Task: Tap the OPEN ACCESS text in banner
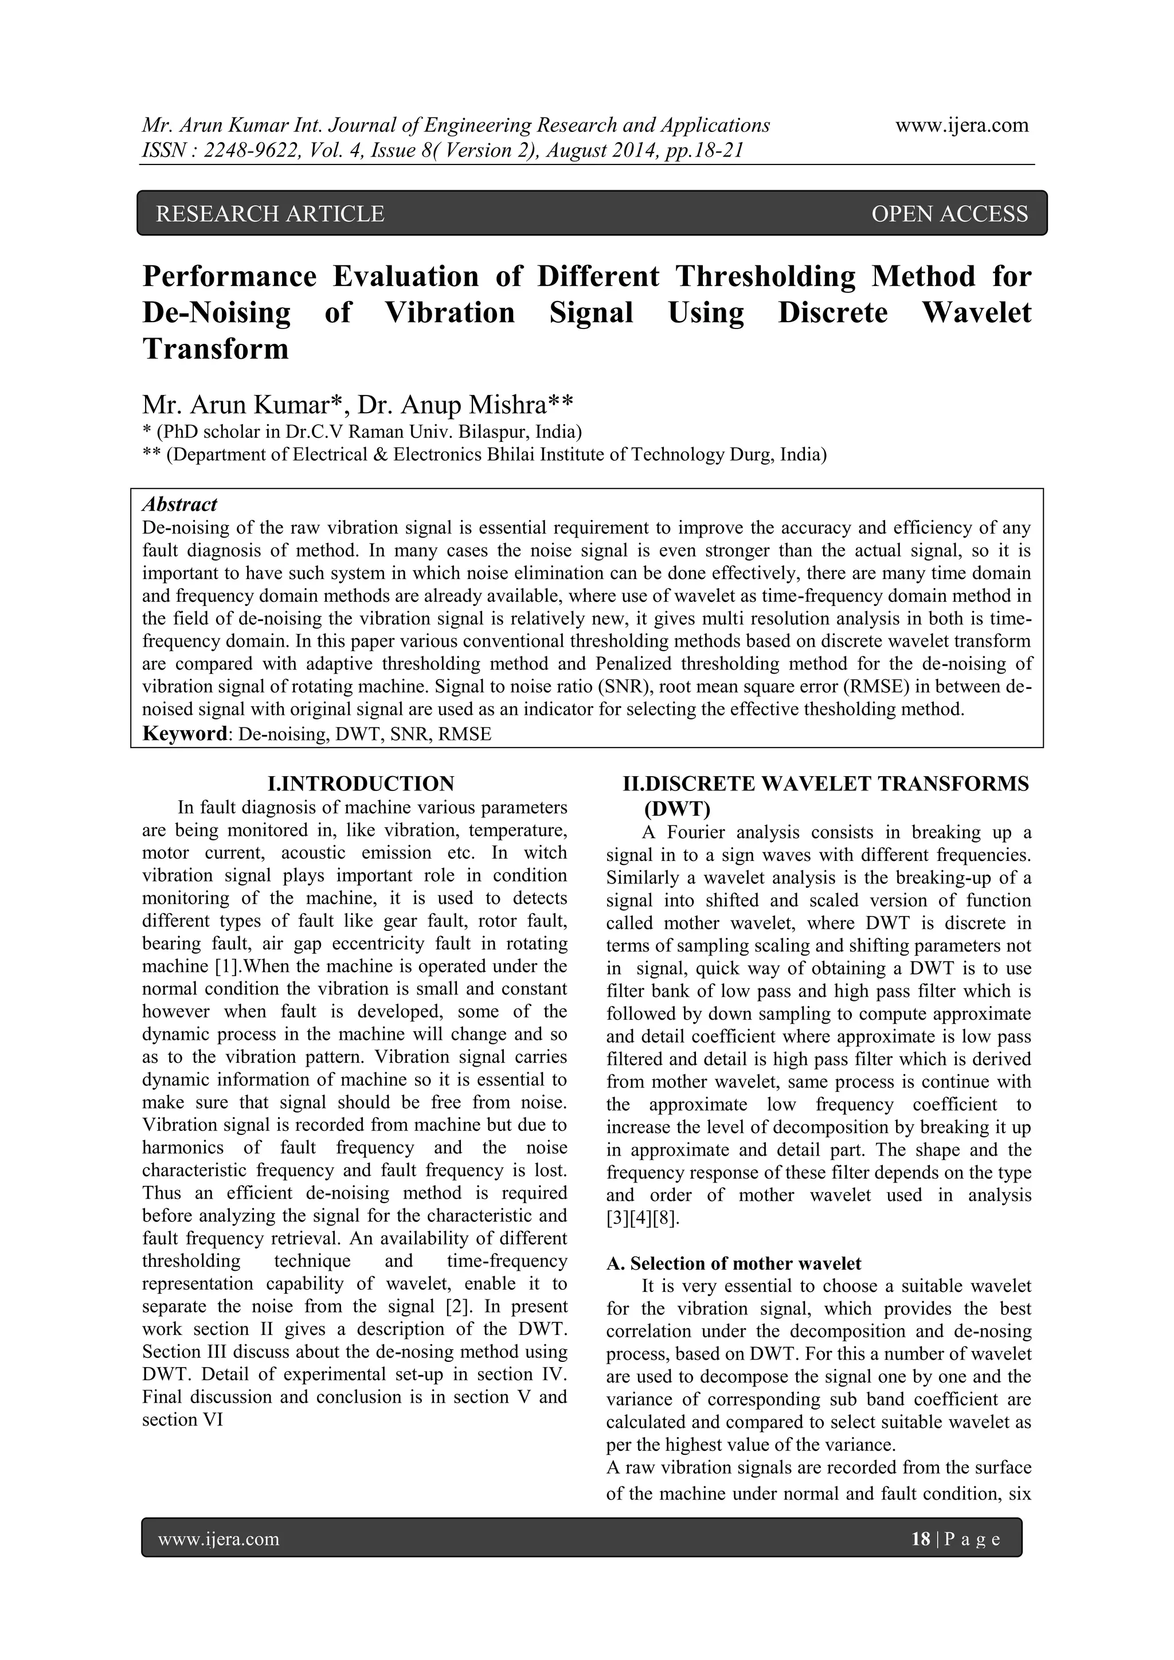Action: pyautogui.click(x=949, y=214)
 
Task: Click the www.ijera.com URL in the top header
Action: pyautogui.click(x=961, y=126)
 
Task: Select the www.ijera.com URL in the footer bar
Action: pyautogui.click(x=218, y=1538)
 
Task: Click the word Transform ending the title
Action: pyautogui.click(x=216, y=349)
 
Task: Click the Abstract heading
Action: pyautogui.click(x=179, y=504)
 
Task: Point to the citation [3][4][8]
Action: pyautogui.click(x=642, y=1217)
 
